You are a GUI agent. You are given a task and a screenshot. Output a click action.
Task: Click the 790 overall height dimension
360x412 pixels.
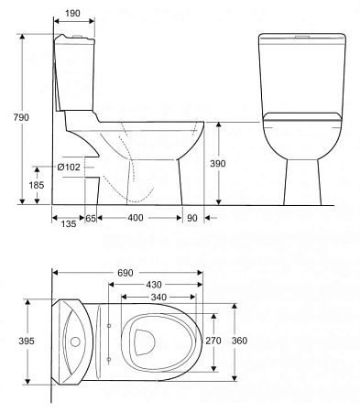21,117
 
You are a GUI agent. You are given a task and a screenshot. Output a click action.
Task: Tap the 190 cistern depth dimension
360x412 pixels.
72,13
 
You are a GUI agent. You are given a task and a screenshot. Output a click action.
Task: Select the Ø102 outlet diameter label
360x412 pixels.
69,167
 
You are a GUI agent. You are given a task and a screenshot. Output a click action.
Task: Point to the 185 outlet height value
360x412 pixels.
37,185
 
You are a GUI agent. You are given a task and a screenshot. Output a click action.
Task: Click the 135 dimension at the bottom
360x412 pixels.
69,223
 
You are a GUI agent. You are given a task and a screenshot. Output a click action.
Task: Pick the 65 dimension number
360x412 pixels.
91,218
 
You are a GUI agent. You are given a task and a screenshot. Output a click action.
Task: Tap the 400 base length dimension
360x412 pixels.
136,218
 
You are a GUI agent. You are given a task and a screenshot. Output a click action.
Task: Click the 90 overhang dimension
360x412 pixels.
192,218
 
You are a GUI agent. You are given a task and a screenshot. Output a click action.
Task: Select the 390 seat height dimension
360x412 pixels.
218,164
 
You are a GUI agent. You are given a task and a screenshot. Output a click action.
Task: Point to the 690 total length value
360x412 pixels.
125,273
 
